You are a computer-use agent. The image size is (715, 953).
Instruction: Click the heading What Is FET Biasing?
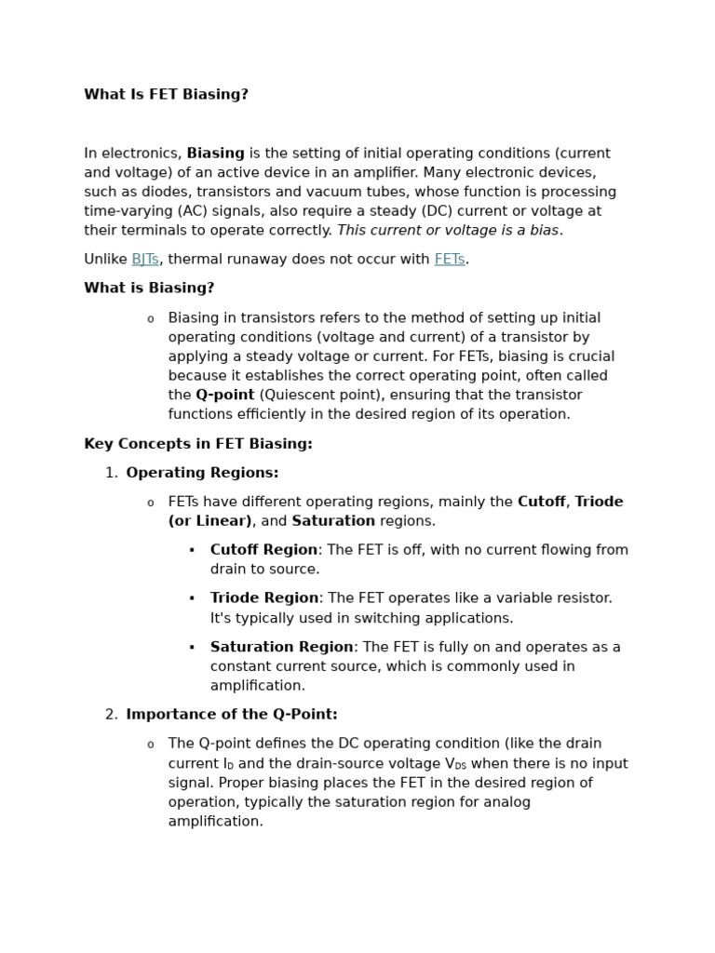[x=166, y=95]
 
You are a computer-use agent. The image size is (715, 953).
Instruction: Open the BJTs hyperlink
[x=145, y=260]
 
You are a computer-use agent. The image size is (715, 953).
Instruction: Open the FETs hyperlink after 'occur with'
[x=449, y=260]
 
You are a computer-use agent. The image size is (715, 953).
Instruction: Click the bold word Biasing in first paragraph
[x=215, y=154]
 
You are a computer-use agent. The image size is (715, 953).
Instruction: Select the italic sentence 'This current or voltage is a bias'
[x=448, y=231]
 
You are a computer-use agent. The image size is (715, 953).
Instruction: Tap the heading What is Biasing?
[x=149, y=289]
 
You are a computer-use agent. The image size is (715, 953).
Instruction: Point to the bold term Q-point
[x=224, y=396]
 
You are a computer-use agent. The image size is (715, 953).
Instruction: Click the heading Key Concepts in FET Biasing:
[x=198, y=445]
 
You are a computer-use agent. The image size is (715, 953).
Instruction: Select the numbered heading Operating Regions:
[x=202, y=474]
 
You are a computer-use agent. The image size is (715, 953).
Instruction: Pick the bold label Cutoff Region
[x=263, y=550]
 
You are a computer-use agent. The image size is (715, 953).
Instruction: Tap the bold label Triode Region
[x=264, y=598]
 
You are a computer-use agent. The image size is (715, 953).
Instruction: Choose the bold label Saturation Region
[x=281, y=647]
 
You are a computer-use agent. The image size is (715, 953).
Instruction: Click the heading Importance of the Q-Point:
[x=232, y=715]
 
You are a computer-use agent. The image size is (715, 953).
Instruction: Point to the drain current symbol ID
[x=228, y=764]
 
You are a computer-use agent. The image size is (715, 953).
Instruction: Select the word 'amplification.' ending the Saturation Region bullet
[x=258, y=686]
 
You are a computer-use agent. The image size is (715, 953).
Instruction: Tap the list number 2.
[x=111, y=715]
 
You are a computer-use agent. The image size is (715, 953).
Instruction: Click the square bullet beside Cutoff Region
[x=192, y=550]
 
